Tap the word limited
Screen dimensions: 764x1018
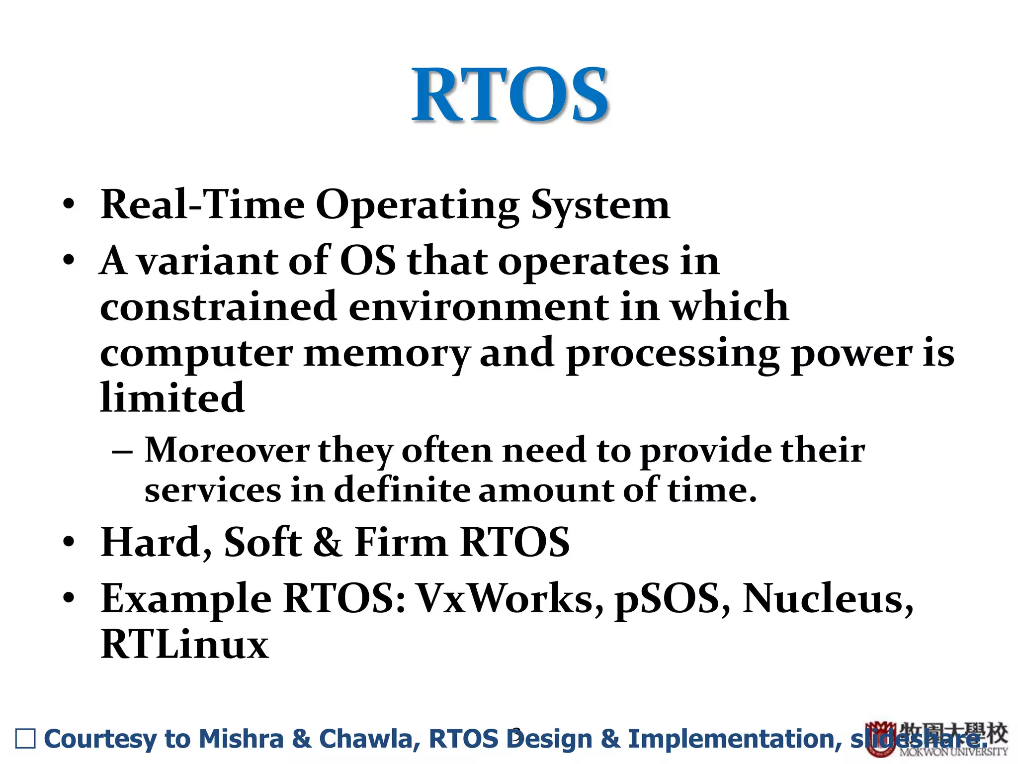(x=172, y=398)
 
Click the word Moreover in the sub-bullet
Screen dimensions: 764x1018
(x=227, y=451)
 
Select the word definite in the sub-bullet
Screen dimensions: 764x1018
(x=400, y=490)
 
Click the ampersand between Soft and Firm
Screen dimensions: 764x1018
(x=328, y=542)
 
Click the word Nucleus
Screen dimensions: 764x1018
(x=828, y=598)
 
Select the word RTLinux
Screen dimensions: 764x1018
(x=184, y=645)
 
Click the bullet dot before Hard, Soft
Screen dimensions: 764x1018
(x=69, y=542)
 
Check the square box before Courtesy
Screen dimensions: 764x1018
(x=25, y=739)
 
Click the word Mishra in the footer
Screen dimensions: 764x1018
(x=241, y=739)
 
